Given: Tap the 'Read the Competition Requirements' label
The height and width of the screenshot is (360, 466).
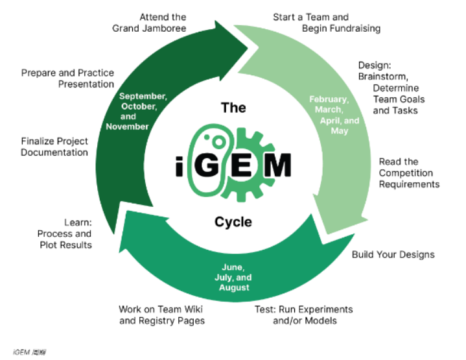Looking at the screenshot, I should [409, 173].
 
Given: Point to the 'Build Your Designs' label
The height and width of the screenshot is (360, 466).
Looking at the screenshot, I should [393, 254].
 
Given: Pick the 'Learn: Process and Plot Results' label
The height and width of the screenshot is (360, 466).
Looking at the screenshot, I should [64, 233].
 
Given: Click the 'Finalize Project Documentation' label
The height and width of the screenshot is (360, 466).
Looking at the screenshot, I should [54, 146].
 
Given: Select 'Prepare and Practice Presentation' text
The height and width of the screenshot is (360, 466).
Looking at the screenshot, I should [67, 78].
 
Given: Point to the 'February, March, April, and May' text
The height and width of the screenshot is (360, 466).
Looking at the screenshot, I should [333, 115].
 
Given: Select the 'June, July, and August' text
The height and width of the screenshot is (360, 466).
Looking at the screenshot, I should [233, 277].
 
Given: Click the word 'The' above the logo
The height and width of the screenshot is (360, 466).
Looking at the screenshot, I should [233, 107].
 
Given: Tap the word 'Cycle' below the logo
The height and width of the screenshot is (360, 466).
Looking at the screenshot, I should [233, 222].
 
